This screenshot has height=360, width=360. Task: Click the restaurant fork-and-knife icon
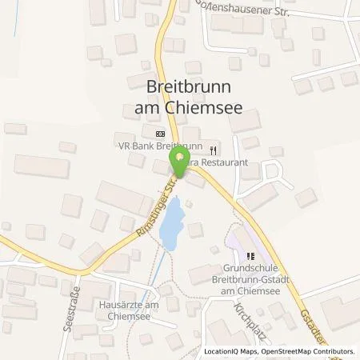212,150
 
